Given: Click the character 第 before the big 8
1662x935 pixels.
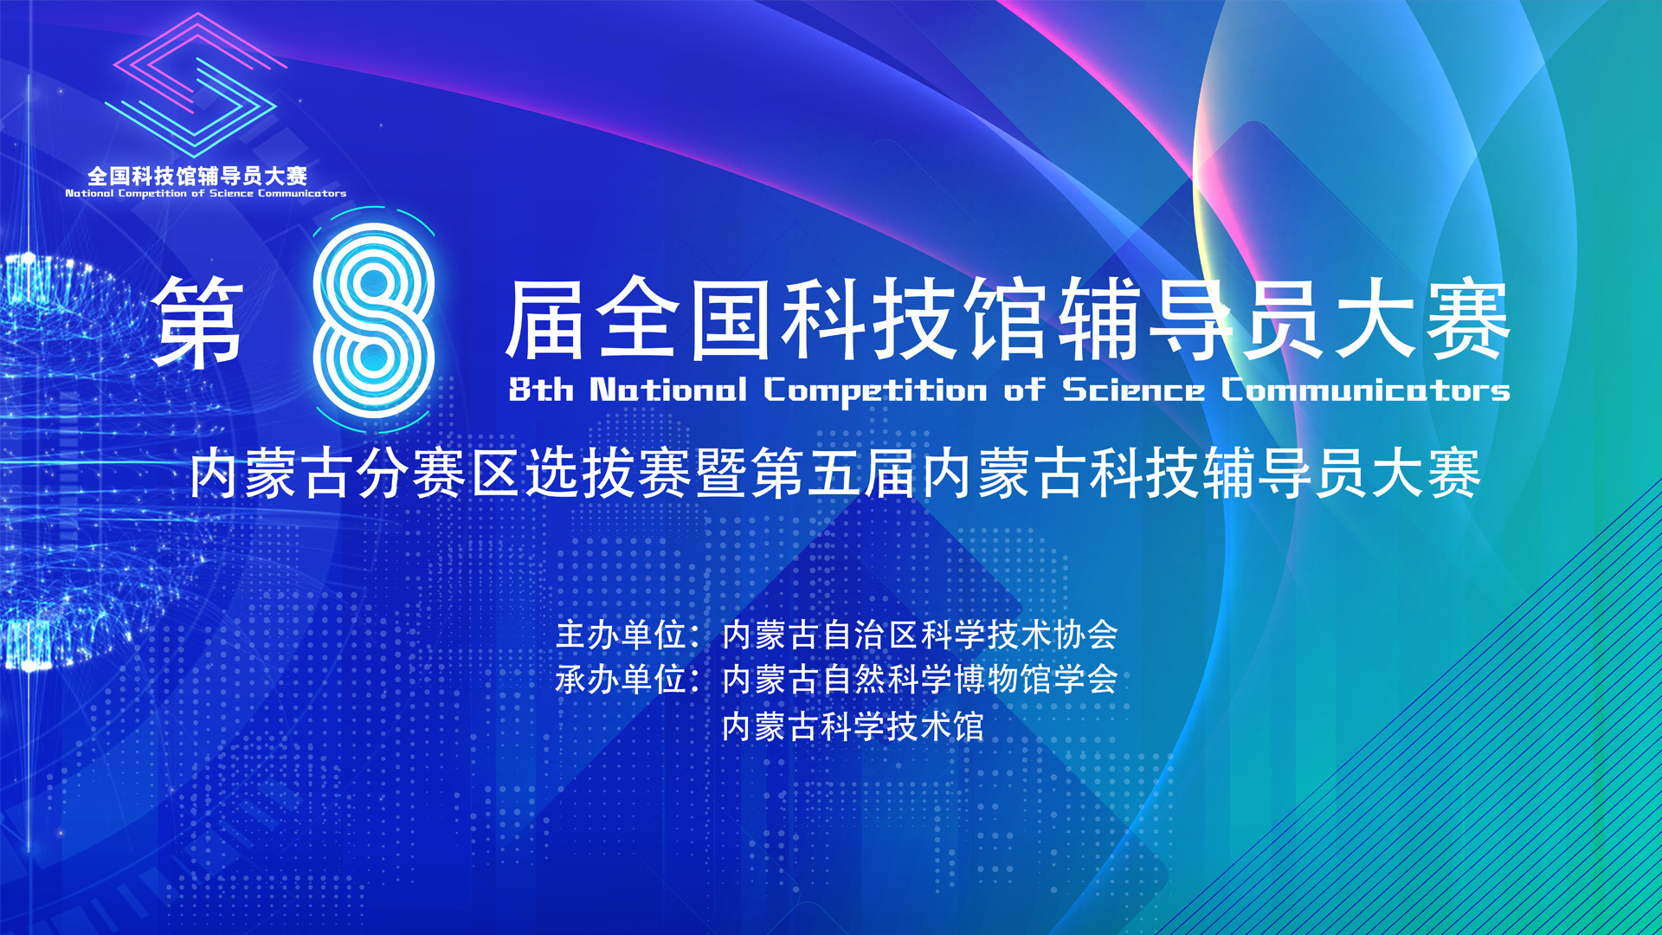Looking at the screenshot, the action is tap(198, 322).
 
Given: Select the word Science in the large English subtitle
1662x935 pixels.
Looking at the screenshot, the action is tap(1133, 390).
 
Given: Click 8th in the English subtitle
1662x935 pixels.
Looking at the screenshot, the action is tap(541, 390).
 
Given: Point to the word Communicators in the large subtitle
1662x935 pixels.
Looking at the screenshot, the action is tap(1365, 390).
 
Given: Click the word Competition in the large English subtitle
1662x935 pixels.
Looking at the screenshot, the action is tap(874, 391).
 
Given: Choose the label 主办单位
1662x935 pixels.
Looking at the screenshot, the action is tap(621, 635).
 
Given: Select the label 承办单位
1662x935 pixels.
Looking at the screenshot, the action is tap(621, 680).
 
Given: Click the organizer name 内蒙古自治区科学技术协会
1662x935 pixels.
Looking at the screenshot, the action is tap(919, 635).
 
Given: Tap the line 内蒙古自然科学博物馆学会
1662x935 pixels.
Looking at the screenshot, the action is tap(919, 680).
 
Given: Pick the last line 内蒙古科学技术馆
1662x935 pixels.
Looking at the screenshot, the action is tap(853, 725).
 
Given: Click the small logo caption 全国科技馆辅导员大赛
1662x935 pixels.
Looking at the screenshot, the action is tap(197, 176).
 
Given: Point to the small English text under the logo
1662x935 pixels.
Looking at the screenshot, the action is tap(206, 194).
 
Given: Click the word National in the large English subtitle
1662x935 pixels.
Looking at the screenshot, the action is tap(667, 390).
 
